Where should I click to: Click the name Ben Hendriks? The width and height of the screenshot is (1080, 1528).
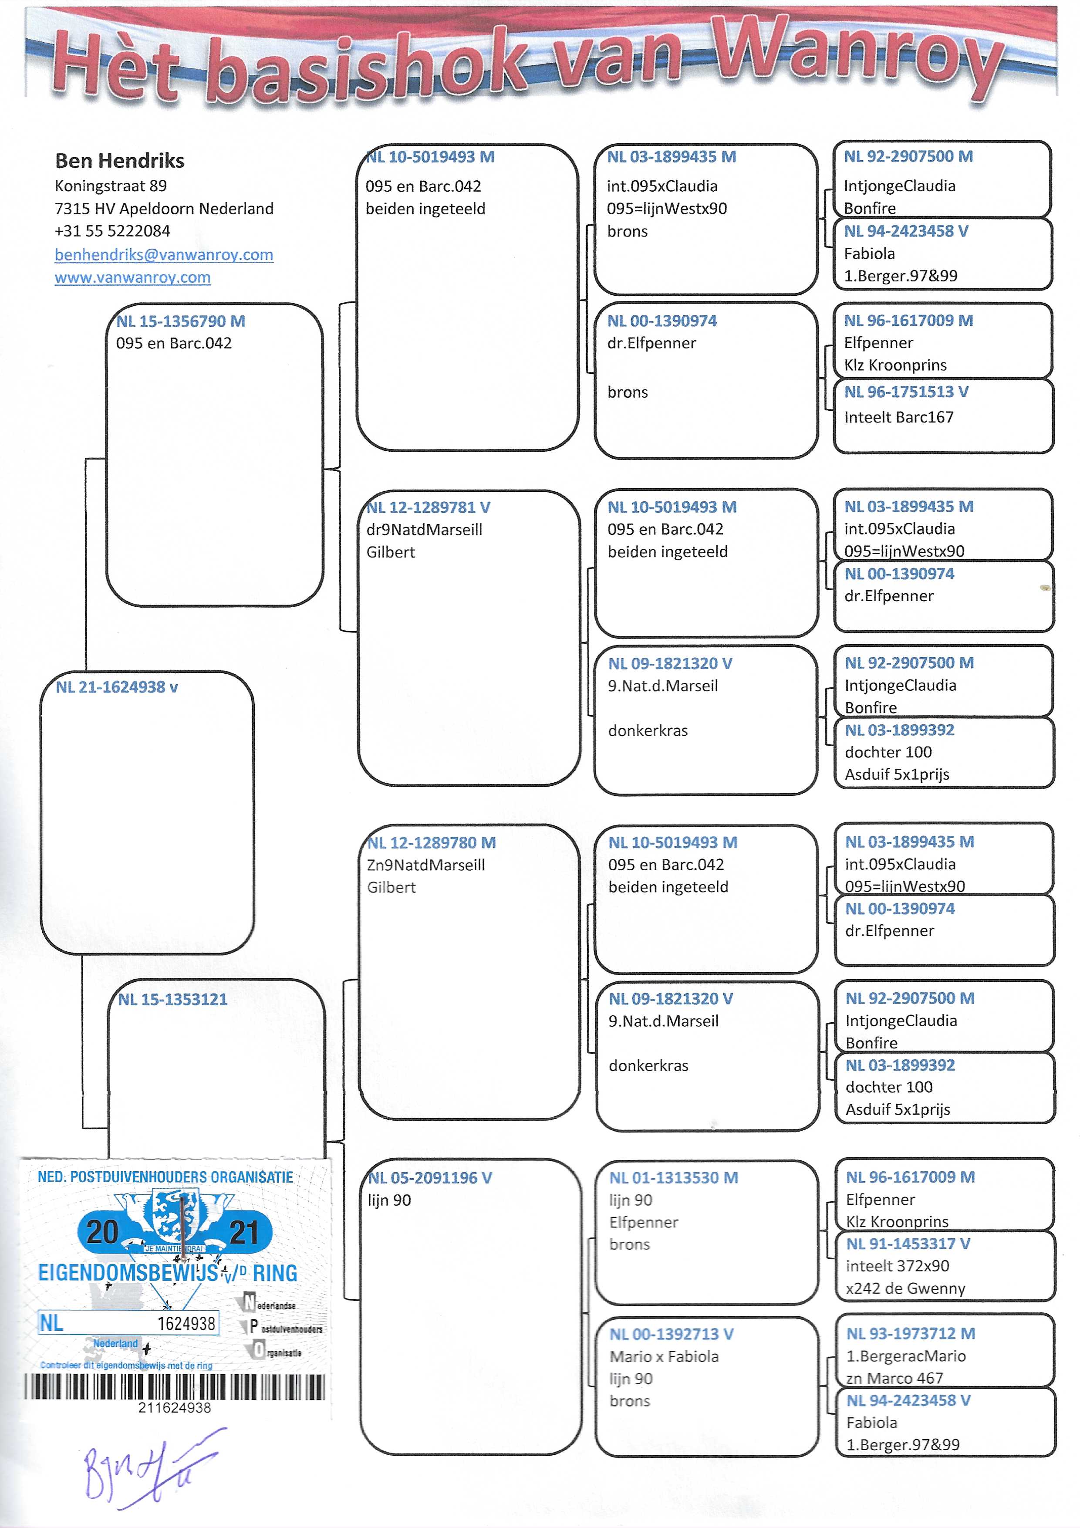(120, 160)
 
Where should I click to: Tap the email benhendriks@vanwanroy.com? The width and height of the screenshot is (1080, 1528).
(164, 255)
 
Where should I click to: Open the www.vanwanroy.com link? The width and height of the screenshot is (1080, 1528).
(132, 277)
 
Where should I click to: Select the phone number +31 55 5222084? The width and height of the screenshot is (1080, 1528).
(112, 231)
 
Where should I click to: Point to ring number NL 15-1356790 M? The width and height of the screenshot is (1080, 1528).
(180, 321)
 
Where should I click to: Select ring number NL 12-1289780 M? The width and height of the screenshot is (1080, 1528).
(431, 842)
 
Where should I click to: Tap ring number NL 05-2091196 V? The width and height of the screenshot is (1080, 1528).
(430, 1178)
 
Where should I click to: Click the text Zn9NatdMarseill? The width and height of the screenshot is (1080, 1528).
(426, 865)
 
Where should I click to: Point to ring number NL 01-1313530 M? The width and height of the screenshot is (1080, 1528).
(673, 1178)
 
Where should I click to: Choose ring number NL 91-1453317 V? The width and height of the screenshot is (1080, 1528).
(908, 1244)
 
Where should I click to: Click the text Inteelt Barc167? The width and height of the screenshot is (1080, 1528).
(898, 417)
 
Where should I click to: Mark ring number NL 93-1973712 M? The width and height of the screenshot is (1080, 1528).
(910, 1334)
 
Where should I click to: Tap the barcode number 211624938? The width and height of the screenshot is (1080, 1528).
(174, 1407)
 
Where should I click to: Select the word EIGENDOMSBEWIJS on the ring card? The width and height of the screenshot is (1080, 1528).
(128, 1273)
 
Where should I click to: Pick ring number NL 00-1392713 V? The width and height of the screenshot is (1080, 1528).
(672, 1334)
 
